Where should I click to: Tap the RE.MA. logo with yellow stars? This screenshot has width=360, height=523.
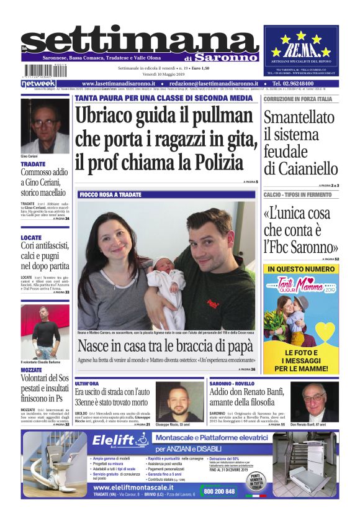pos(305,47)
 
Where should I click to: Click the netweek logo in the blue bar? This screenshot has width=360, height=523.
pos(38,83)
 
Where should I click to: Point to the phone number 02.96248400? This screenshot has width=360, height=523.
pos(301,83)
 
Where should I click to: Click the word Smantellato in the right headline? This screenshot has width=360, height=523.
pos(300,117)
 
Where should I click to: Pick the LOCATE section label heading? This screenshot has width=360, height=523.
pos(31,237)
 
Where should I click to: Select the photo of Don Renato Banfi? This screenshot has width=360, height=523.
pos(315,401)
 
